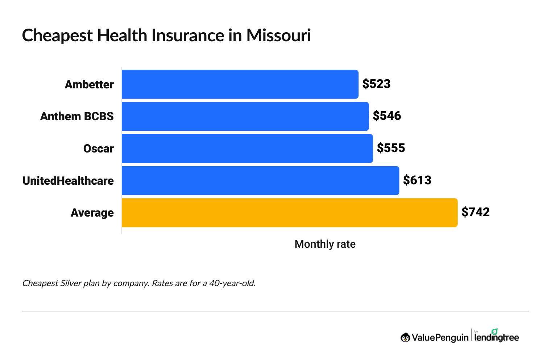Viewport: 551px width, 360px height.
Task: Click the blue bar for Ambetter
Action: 240,84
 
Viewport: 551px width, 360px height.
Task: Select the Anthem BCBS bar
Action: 245,116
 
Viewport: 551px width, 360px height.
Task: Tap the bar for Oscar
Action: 247,148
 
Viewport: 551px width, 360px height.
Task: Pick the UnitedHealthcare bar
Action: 260,180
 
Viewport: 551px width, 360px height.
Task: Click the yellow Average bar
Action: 289,213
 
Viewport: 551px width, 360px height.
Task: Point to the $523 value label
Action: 376,84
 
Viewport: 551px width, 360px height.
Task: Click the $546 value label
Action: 387,116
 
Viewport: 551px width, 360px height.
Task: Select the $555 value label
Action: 391,148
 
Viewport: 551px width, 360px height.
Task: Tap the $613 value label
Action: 417,180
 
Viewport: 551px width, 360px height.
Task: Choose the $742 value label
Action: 475,212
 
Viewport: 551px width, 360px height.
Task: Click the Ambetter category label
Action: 89,84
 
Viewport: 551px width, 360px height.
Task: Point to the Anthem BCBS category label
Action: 77,116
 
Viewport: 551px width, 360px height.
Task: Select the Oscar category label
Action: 98,148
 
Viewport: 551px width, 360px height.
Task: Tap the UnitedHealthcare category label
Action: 68,181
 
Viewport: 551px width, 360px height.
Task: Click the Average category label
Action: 92,213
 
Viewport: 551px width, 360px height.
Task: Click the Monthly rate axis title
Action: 325,244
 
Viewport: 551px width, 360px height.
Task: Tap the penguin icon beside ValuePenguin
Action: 405,338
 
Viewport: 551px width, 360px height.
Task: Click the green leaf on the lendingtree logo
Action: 494,331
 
